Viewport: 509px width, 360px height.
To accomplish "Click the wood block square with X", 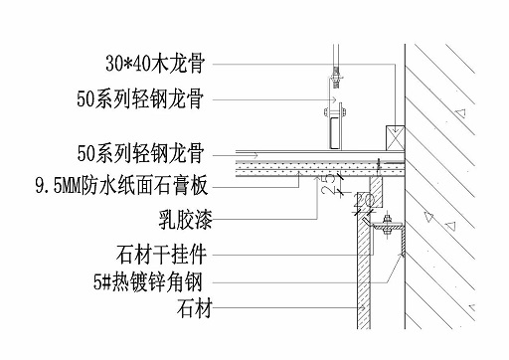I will pos(394,133).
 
